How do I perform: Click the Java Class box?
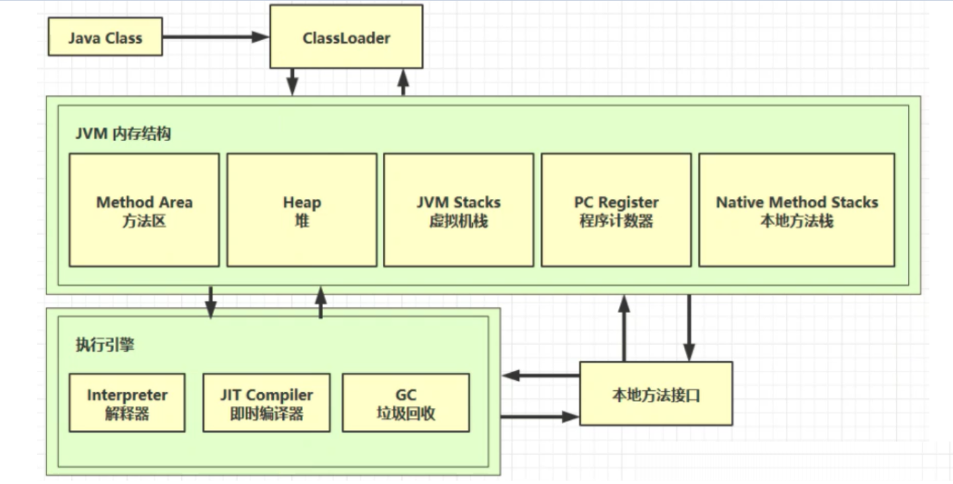[105, 37]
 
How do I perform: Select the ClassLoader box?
[346, 37]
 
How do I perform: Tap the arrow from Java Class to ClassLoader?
[216, 37]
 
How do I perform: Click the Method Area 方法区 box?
[144, 210]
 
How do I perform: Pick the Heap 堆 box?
[301, 210]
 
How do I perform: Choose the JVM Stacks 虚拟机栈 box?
[459, 210]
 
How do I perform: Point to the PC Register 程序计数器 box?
[616, 210]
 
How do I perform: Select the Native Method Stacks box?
[797, 210]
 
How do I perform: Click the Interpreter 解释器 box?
[127, 402]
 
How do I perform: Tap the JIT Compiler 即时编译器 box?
[266, 402]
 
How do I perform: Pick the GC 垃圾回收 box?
[405, 402]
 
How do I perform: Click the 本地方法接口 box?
[656, 394]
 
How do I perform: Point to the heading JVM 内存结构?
[123, 133]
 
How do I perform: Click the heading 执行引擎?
[105, 344]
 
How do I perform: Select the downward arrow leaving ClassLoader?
[292, 82]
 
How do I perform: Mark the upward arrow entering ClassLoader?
[403, 82]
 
